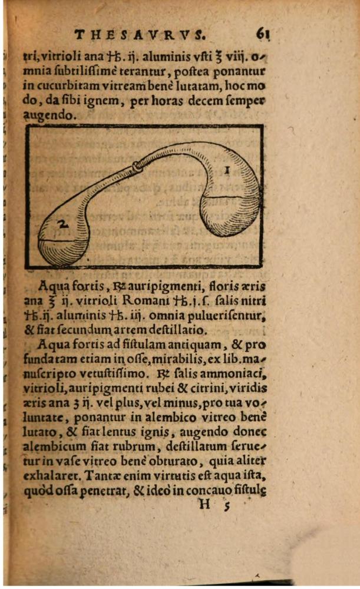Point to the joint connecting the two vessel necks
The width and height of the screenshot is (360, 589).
(x=139, y=167)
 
